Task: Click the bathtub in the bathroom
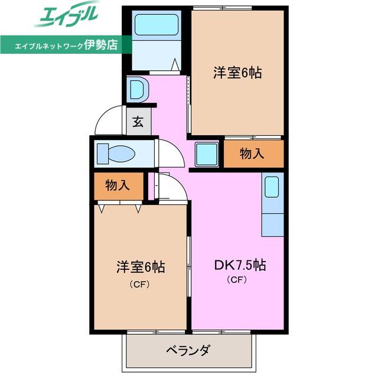pos(157,25)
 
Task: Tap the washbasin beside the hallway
pos(138,90)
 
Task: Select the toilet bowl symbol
pos(122,154)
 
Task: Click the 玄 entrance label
pos(138,122)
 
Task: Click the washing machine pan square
pos(207,154)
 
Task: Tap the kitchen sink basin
pos(272,187)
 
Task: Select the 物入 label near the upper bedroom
pos(252,154)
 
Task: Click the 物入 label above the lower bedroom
pos(118,185)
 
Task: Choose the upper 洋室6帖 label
pos(237,73)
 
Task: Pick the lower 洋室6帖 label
pos(141,267)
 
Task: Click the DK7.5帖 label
pos(240,265)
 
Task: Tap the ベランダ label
pos(188,350)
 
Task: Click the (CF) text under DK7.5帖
pos(237,279)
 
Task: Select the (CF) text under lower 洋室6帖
pos(140,285)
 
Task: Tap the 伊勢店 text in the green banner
pos(101,44)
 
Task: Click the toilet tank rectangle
pos(103,154)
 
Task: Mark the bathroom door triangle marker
pos(175,64)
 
